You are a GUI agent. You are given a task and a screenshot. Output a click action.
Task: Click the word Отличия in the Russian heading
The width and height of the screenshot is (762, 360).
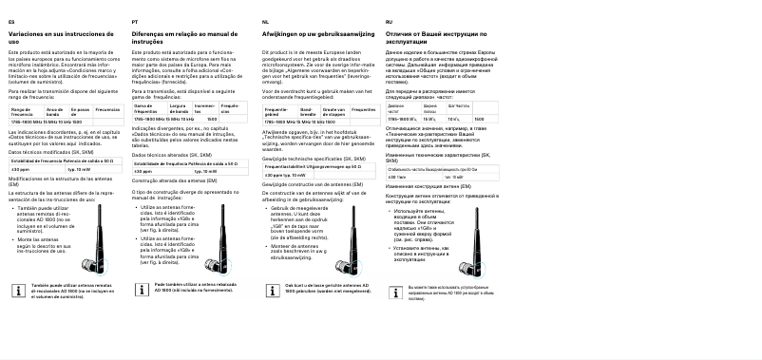403,34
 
